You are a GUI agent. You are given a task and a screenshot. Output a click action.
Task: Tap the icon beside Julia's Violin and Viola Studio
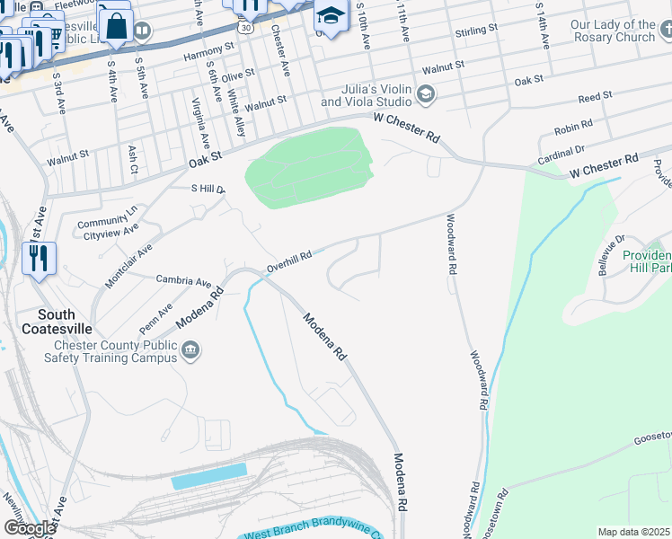click(x=426, y=93)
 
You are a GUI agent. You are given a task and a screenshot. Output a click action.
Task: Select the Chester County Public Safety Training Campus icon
click(x=190, y=351)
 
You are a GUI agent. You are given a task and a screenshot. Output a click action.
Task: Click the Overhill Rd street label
click(x=289, y=261)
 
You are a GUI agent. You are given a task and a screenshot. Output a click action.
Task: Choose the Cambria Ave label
click(x=184, y=280)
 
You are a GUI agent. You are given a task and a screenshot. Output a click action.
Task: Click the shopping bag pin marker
click(x=116, y=24)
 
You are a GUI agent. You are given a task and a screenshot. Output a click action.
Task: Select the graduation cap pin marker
click(x=331, y=17)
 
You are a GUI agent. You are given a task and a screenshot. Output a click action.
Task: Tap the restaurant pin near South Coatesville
click(x=39, y=261)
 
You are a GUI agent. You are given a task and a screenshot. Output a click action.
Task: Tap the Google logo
click(x=29, y=528)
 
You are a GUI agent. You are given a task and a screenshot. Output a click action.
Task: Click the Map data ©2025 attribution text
click(x=633, y=532)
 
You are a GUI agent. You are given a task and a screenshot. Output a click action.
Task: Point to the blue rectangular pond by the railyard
click(x=208, y=476)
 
